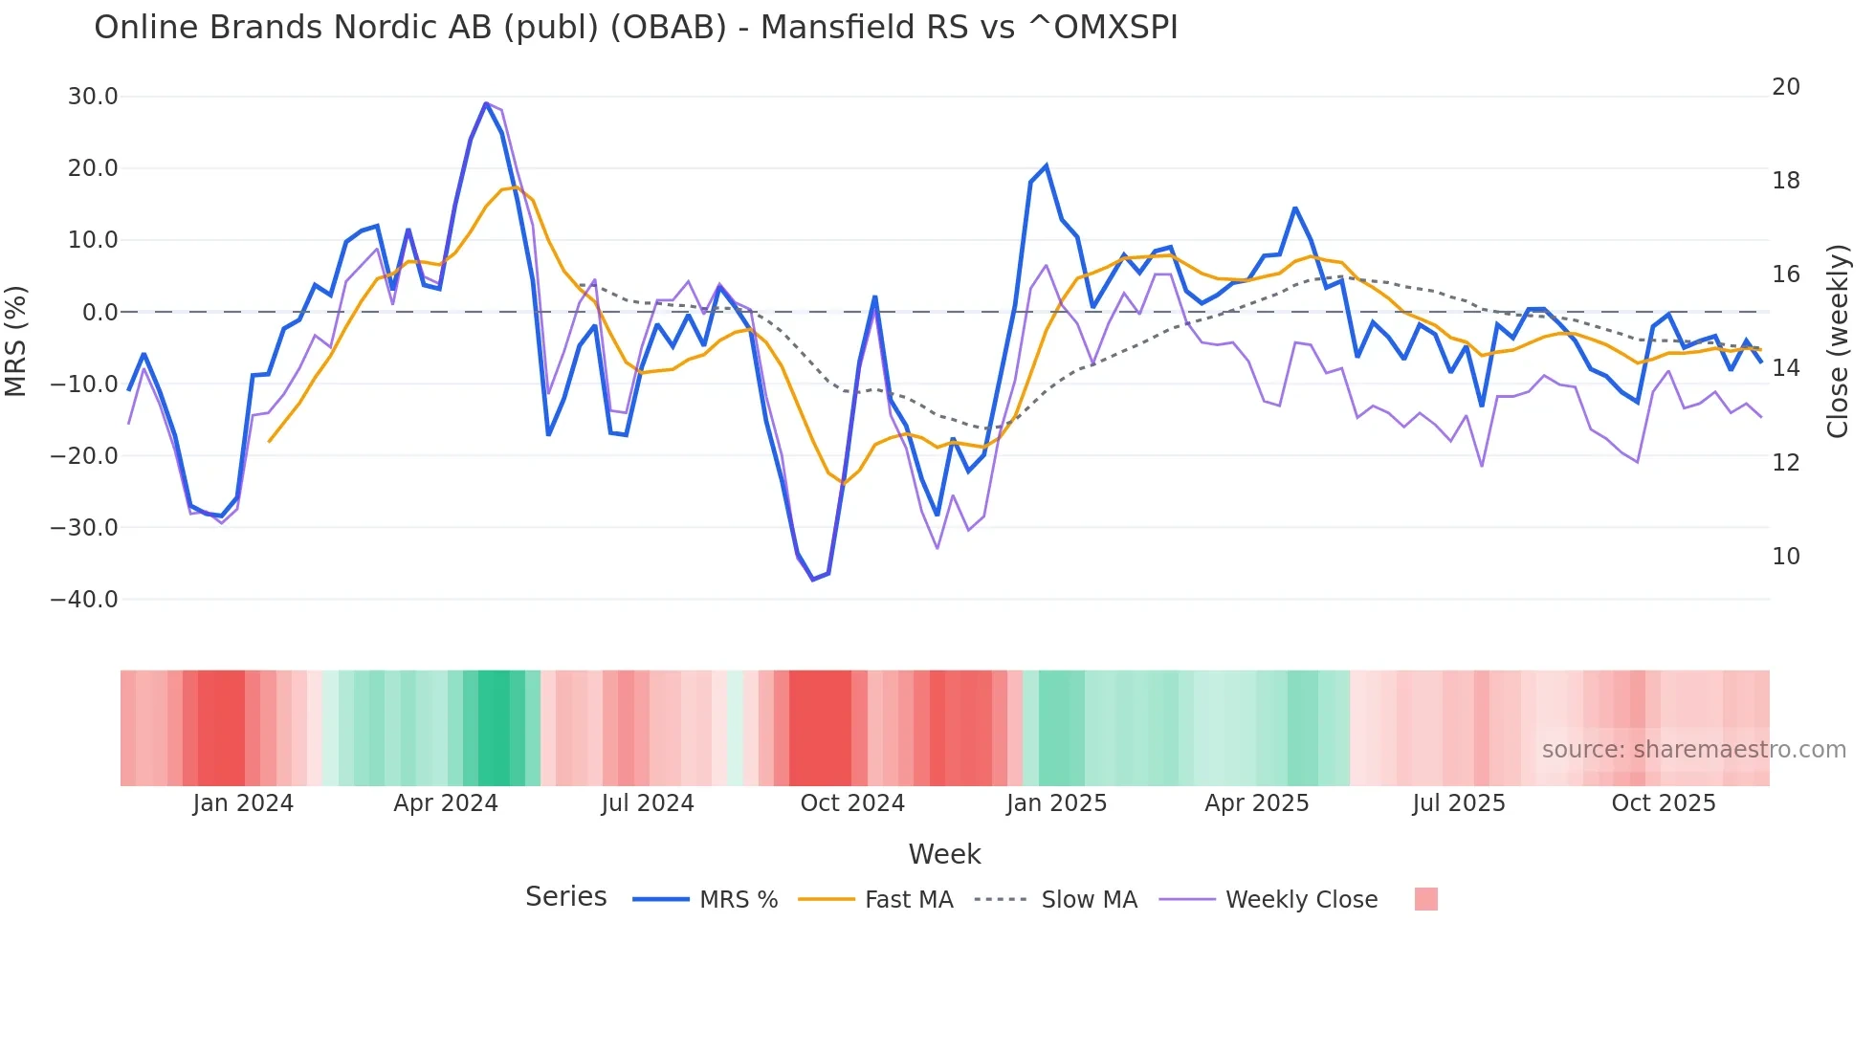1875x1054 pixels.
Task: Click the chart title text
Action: pos(635,28)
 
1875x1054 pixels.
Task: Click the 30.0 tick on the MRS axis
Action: pos(93,97)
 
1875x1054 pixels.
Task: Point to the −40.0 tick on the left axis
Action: pos(84,600)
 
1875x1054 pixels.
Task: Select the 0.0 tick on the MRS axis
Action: pos(99,313)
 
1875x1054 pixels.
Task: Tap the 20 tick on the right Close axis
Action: pos(1785,87)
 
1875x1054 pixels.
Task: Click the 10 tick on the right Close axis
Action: pos(1785,557)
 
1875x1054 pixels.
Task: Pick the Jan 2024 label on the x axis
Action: pos(243,803)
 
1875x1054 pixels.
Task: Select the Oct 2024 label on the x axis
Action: pos(852,803)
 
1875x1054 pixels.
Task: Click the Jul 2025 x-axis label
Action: pos(1458,803)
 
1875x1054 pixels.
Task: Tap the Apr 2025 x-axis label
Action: pos(1256,803)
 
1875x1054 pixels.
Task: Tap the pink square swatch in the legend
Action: pos(1425,899)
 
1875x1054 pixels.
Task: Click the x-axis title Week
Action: pos(944,854)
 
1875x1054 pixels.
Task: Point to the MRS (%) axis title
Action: pos(16,341)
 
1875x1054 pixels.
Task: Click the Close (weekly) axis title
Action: pos(1837,341)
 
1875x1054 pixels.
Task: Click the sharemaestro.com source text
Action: pos(1693,750)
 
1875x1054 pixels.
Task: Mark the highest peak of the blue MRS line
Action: pos(486,103)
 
